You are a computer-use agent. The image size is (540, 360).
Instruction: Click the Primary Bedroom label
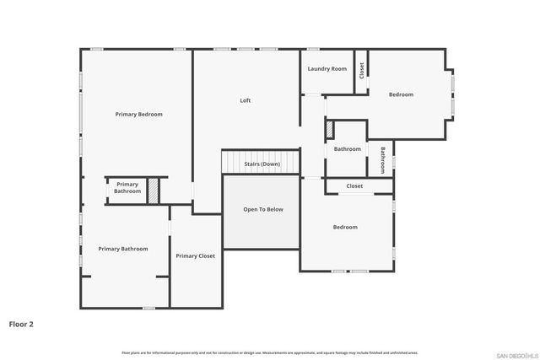[138, 114]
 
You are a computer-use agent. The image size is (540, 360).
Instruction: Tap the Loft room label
[245, 100]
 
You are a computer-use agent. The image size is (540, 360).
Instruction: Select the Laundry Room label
[327, 69]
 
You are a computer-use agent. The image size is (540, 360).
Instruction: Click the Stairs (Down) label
[262, 164]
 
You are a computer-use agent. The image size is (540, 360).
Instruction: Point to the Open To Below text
[263, 209]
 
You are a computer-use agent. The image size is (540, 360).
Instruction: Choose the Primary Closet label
[195, 255]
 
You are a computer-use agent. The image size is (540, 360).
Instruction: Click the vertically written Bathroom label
[382, 159]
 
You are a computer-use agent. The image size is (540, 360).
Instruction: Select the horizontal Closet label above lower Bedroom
[354, 186]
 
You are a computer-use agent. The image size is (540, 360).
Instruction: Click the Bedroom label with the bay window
[401, 94]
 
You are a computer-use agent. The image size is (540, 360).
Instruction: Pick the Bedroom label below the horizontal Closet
[344, 227]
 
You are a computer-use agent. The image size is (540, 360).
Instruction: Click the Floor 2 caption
[21, 323]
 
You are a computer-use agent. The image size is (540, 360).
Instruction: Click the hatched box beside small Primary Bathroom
[153, 191]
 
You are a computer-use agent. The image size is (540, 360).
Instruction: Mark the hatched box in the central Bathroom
[330, 131]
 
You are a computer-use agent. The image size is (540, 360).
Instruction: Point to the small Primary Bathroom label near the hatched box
[127, 187]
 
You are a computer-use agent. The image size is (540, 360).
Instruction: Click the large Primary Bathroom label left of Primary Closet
[122, 249]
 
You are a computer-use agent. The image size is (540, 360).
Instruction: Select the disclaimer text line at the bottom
[269, 352]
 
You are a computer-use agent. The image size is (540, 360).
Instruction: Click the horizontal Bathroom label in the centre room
[347, 149]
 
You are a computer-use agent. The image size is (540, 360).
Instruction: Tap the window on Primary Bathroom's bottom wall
[148, 308]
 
